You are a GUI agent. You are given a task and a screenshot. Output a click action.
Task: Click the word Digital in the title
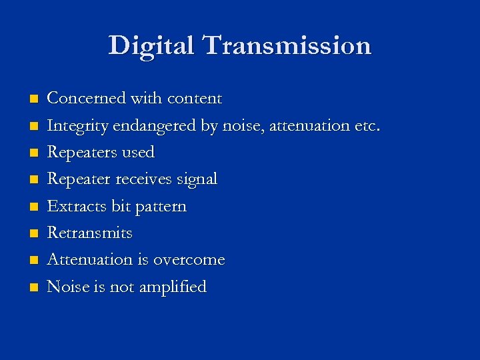click(x=152, y=46)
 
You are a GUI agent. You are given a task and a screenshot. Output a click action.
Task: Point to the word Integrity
click(x=78, y=126)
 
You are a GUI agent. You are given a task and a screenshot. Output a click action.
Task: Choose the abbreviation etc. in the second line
click(x=365, y=125)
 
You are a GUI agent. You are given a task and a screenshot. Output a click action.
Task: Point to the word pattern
click(x=161, y=207)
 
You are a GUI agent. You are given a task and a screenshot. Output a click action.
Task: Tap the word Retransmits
click(x=90, y=233)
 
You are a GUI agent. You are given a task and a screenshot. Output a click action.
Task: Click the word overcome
click(x=189, y=260)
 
